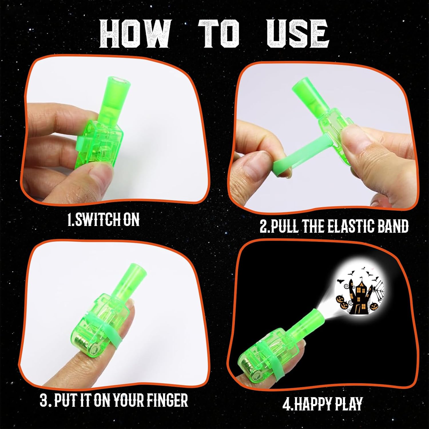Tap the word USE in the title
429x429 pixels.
298,33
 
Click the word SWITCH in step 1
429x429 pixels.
98,220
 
